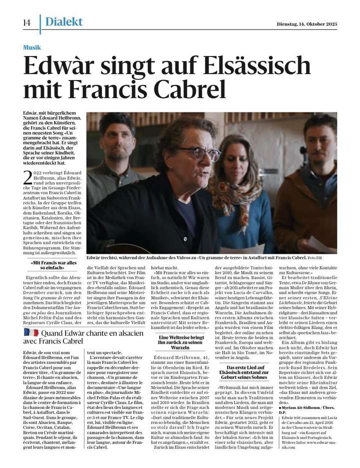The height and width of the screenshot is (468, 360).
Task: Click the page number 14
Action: click(27, 23)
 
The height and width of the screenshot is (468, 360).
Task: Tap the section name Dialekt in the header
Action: click(63, 22)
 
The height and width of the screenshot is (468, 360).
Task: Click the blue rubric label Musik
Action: click(32, 48)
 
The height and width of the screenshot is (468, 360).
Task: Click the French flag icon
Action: click(31, 332)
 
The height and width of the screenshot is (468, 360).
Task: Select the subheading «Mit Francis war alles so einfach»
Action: click(54, 265)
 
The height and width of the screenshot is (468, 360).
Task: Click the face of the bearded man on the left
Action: click(117, 142)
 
